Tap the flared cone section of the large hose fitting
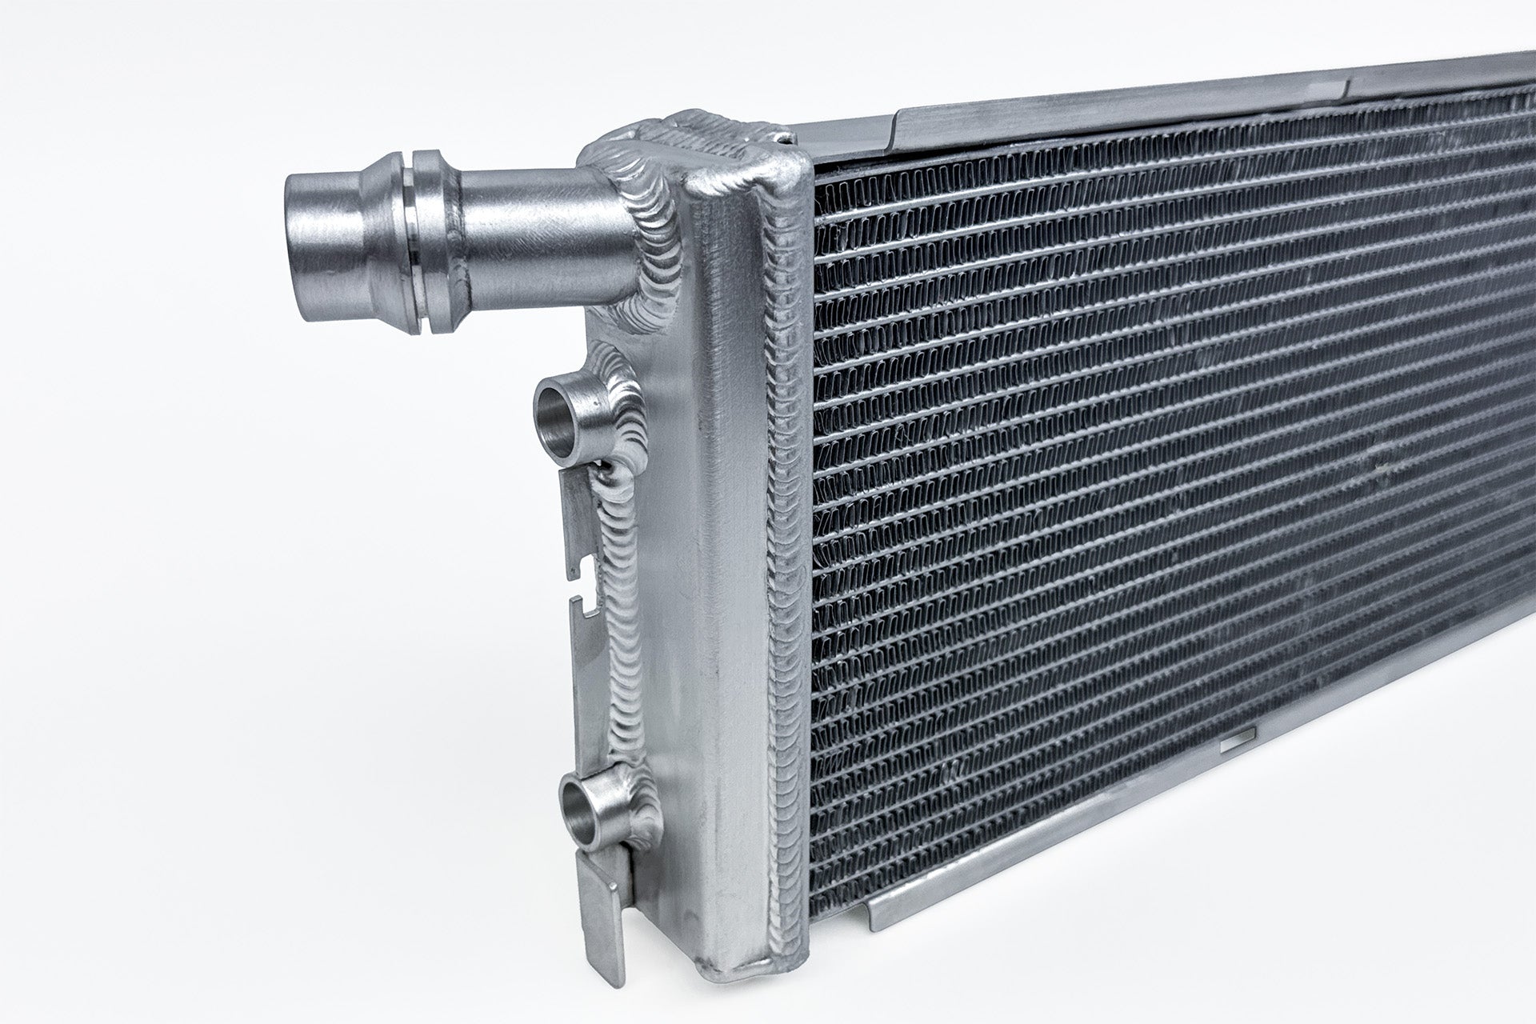point(376,232)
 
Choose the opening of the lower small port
point(580,808)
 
